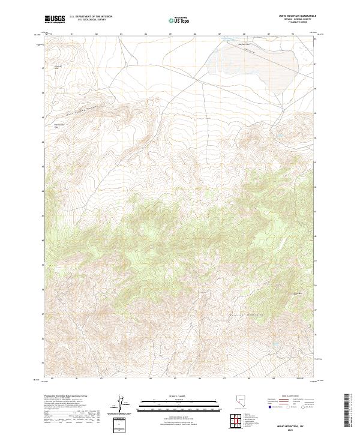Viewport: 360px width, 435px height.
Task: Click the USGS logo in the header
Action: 55,19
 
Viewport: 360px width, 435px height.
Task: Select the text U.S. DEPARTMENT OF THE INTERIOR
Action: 91,17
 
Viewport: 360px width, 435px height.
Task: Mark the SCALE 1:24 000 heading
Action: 172,395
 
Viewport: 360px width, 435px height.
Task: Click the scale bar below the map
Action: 172,403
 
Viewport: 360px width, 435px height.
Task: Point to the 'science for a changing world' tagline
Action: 55,23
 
